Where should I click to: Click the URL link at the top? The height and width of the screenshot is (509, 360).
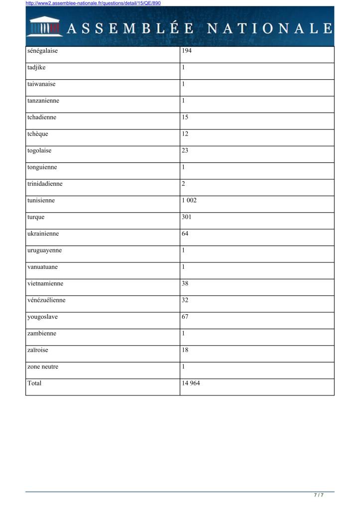[x=93, y=3]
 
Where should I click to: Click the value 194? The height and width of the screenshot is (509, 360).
[x=187, y=51]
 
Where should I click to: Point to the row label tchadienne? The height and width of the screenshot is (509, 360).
[x=42, y=118]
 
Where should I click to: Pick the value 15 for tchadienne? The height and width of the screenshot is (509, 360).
[x=185, y=118]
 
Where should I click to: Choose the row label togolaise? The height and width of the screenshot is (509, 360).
[x=40, y=150]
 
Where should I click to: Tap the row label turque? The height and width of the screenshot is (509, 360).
[x=36, y=217]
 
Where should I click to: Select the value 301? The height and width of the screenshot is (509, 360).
[x=187, y=217]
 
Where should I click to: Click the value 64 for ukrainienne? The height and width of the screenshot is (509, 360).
[x=185, y=234]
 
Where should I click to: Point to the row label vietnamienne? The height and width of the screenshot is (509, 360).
[x=45, y=283]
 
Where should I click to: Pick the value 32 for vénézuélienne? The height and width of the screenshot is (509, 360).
[x=185, y=300]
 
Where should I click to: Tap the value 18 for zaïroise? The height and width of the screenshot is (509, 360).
[x=185, y=350]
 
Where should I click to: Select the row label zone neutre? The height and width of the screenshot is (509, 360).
[x=43, y=367]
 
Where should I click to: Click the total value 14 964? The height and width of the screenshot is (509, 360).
[x=191, y=383]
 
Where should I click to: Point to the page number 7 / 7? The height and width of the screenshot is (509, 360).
[x=319, y=495]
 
